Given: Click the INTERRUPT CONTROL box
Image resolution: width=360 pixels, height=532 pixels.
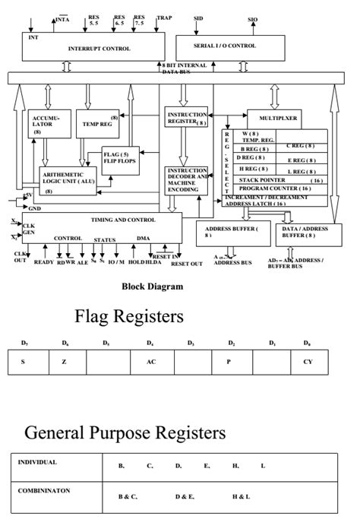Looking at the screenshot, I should point(90,47).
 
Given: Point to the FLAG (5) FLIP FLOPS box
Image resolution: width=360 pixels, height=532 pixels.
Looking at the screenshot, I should point(120,157).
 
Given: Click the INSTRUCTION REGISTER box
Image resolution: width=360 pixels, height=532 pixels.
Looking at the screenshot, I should point(186,118).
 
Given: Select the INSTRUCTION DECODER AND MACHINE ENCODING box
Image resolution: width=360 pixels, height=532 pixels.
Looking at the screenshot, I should point(185,180).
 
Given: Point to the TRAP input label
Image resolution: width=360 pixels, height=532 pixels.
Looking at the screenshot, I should point(164,17).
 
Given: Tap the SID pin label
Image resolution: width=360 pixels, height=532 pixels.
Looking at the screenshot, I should point(198,17).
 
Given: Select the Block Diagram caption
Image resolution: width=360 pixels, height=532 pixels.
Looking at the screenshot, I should point(152,287).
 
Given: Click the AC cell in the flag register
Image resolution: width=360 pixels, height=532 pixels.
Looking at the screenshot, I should point(151,362).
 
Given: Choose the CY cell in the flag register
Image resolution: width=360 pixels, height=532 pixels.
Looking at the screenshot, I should point(308,362).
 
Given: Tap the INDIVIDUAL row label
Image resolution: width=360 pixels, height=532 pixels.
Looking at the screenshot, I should point(37,462).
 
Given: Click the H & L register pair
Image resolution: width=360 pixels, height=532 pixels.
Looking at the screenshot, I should point(241,496).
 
